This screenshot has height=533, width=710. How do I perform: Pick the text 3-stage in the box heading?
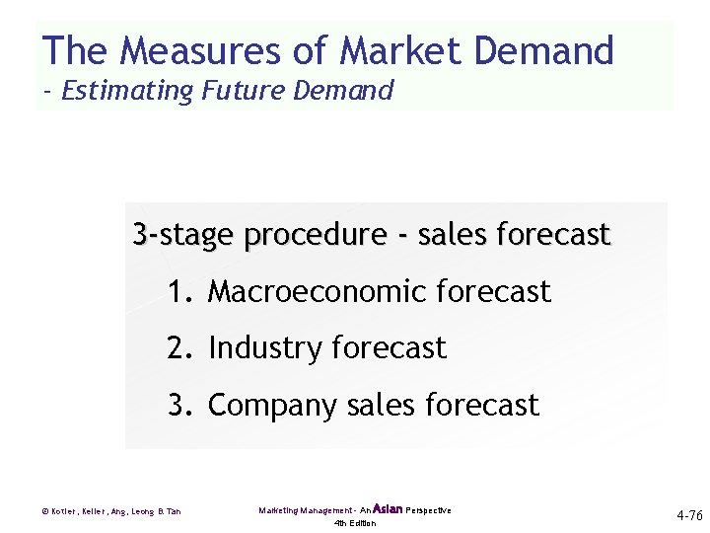point(183,236)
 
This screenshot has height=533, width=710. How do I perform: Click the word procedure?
point(315,236)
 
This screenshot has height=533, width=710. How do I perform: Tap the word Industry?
point(265,348)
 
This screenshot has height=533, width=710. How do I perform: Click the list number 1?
point(178,292)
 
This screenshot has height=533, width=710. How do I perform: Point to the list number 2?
point(178,348)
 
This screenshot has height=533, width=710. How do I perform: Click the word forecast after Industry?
point(389,348)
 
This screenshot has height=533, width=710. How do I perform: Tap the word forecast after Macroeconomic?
point(492,292)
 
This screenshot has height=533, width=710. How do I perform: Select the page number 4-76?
point(689,515)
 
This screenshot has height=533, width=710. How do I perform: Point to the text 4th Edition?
point(355,523)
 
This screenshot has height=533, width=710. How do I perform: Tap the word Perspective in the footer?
point(428,510)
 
